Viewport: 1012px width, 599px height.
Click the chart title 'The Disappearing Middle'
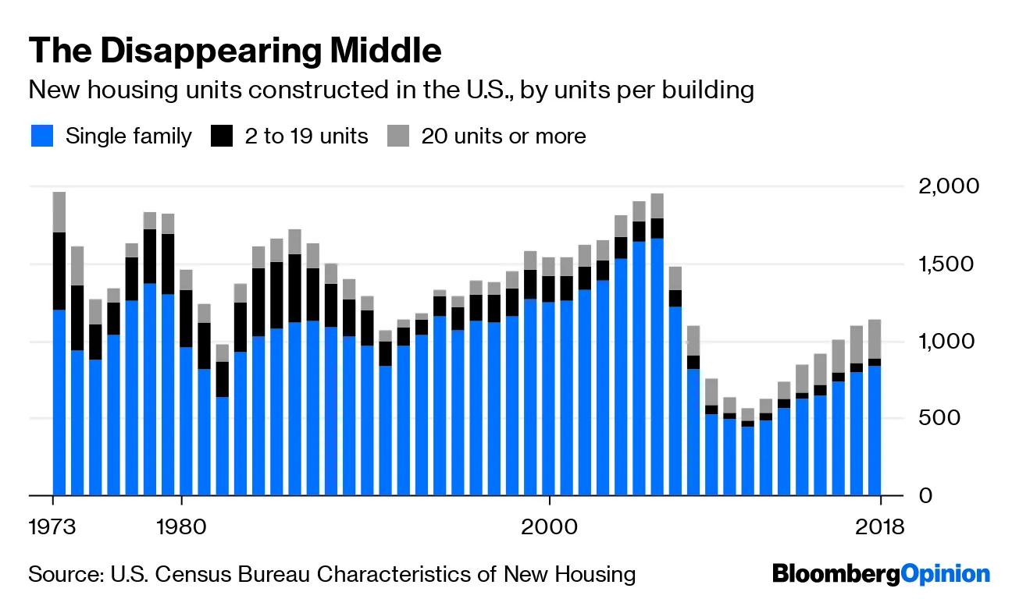pos(234,51)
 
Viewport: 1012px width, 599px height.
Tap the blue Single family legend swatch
pos(42,136)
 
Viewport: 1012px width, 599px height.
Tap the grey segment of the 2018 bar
pos(875,338)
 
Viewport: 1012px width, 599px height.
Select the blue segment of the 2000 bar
pos(549,398)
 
